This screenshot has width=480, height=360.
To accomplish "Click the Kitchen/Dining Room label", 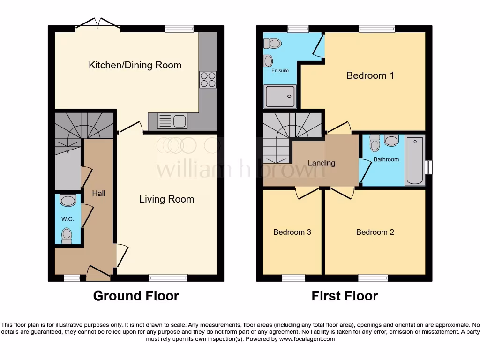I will coord(135,65).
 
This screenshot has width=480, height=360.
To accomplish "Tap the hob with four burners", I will coord(208,79).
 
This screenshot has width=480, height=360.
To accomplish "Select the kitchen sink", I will coord(173,121).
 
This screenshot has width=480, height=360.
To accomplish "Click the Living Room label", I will coord(166,199).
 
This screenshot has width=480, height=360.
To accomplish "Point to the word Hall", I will coord(98,193).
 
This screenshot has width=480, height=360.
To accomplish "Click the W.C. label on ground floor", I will coord(67,219).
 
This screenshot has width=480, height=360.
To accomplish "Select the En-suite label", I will coord(280,70).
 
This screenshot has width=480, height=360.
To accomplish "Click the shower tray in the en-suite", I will coord(280,96).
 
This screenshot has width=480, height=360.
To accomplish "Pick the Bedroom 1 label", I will coord(370,75).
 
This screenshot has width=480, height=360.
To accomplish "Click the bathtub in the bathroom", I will coord(415,159).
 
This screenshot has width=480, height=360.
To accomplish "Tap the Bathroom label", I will coord(386,159).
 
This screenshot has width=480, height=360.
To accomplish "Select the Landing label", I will coord(321,163).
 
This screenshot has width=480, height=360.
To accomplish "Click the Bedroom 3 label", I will coord(292,232).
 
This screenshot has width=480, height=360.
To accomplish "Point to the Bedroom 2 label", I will coord(375,232).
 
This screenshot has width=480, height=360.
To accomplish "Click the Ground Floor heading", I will coord(136,296).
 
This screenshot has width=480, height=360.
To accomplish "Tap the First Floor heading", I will coord(345,296).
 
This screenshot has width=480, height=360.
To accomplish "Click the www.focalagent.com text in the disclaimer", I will coord(307,339).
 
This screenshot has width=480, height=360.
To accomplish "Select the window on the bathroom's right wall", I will coord(428,167).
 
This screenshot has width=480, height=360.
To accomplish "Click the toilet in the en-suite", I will coord(273,44).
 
